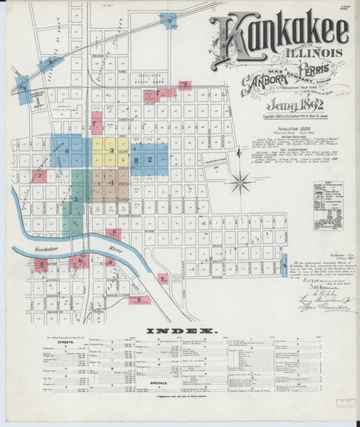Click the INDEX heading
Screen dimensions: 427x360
(181, 332)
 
